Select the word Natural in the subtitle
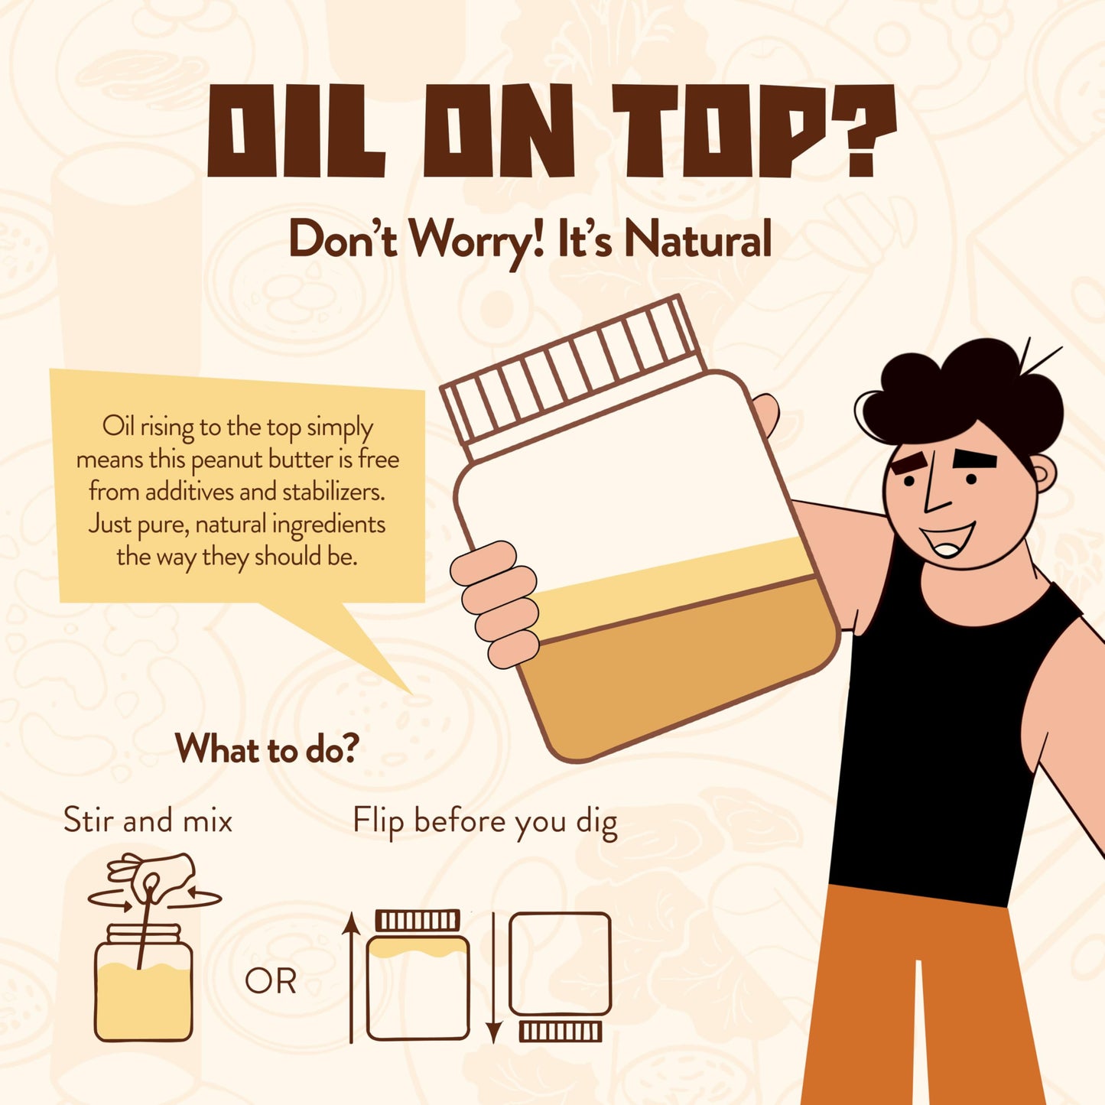(698, 239)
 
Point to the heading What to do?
(267, 749)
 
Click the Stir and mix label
(148, 820)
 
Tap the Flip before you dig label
(485, 822)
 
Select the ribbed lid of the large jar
(574, 378)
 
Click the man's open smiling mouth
(948, 539)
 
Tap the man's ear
(1045, 473)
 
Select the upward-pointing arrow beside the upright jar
(351, 979)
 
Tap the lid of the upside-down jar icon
(561, 1032)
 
